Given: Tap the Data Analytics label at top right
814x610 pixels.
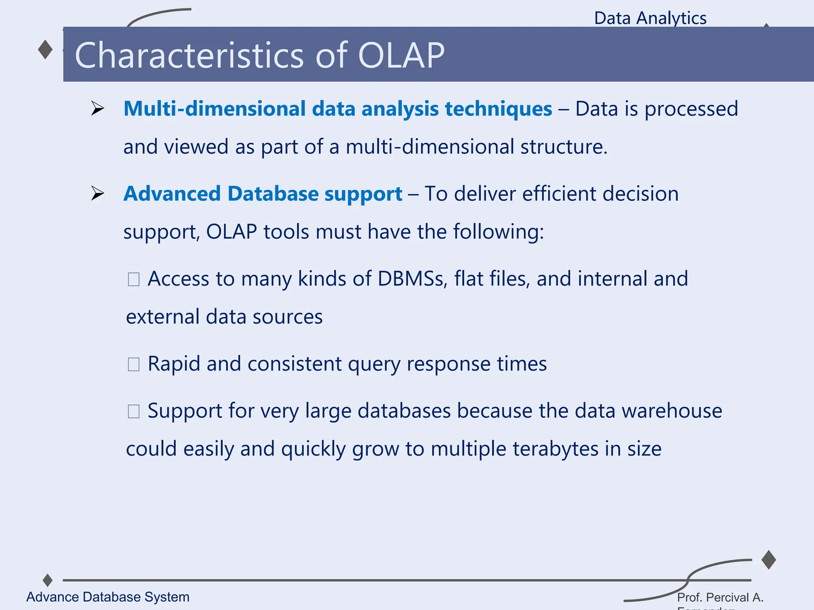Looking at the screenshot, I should tap(650, 18).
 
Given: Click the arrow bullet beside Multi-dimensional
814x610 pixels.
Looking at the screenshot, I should tap(97, 108).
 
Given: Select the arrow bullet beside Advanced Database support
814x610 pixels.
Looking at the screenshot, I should tap(97, 193).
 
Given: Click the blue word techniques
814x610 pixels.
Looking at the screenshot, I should tap(498, 109).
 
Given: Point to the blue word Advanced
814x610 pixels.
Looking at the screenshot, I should tap(172, 194).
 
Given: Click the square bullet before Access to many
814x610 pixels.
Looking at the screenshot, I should tap(134, 279).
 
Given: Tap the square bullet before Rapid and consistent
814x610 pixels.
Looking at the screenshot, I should tap(134, 364).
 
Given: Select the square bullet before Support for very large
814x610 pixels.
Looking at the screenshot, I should tap(134, 411).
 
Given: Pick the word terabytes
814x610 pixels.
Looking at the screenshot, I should tap(555, 449).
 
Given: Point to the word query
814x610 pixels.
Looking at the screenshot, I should tap(374, 365).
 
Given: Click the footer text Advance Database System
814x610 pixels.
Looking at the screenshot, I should tap(108, 597).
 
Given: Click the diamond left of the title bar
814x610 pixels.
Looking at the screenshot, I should tap(45, 50).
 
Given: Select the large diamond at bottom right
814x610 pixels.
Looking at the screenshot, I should tap(769, 560).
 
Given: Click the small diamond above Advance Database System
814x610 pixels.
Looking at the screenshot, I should tap(48, 580).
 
